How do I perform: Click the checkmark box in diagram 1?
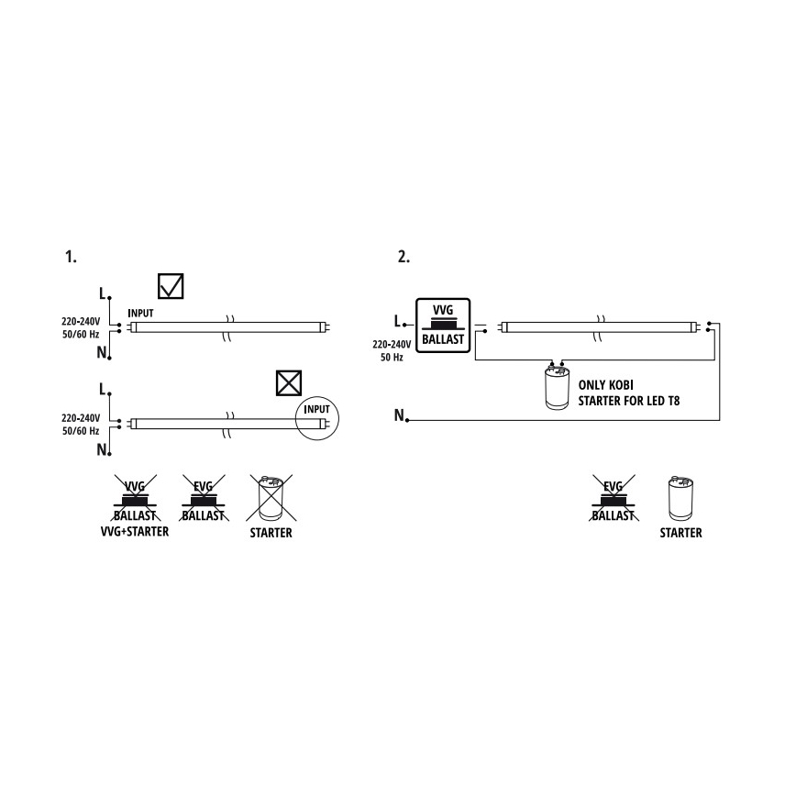click(x=171, y=286)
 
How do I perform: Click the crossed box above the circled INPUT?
click(x=289, y=382)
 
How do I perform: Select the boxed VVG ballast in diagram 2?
click(x=443, y=326)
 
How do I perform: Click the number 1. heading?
click(x=71, y=257)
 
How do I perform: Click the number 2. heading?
click(x=404, y=257)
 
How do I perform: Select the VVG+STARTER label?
click(x=134, y=532)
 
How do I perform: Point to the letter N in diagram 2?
click(x=399, y=417)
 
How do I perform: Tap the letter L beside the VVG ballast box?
click(x=396, y=322)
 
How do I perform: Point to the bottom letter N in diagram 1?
click(x=102, y=450)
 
